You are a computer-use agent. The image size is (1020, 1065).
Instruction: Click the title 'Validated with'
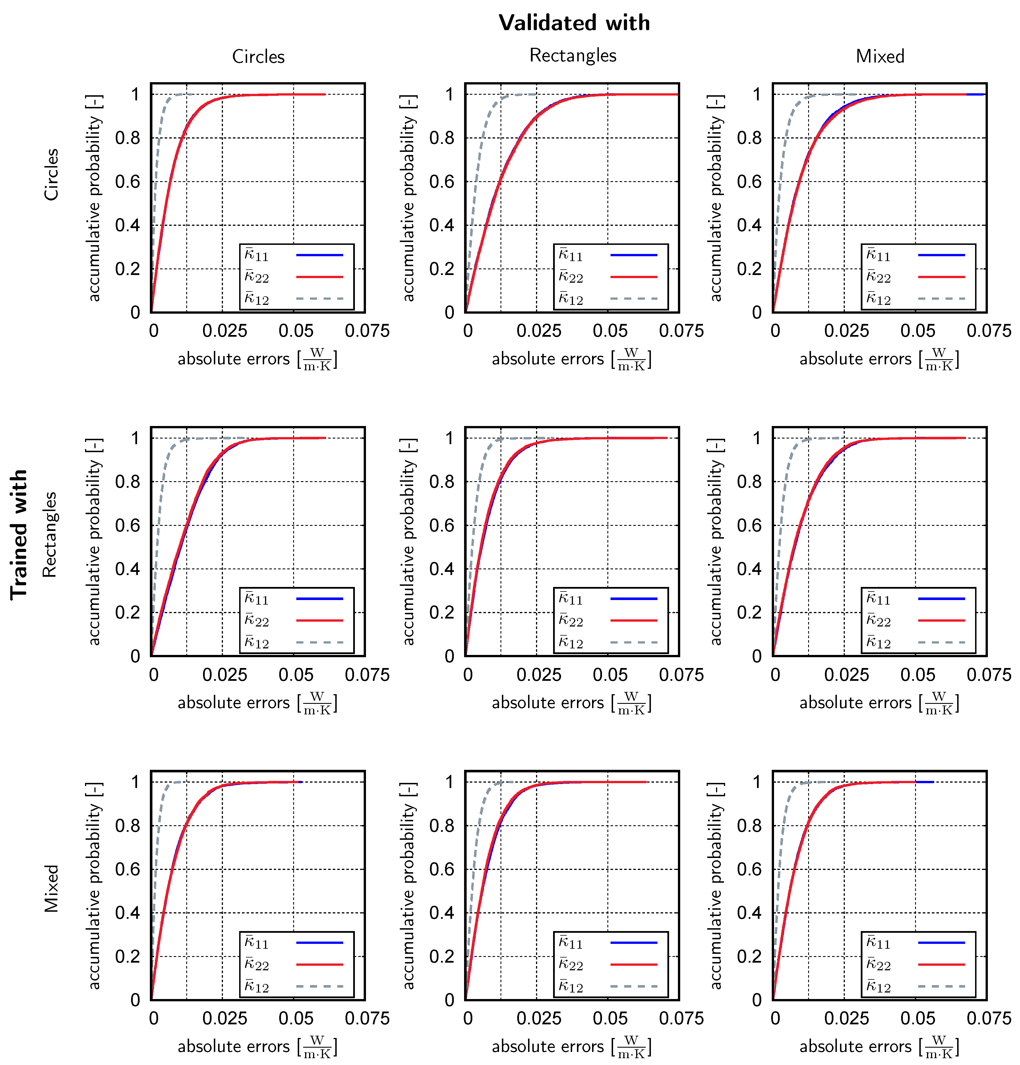[x=574, y=23]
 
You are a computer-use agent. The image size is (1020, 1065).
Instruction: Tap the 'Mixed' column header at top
[x=880, y=57]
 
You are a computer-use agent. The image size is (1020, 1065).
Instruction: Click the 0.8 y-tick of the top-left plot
[x=127, y=138]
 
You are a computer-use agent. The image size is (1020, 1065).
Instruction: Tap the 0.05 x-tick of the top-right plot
[x=917, y=331]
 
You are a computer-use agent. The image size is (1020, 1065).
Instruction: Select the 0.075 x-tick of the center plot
[x=681, y=675]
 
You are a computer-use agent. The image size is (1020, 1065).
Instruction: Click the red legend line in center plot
[x=634, y=620]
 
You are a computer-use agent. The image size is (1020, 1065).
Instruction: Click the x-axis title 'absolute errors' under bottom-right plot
[x=855, y=1046]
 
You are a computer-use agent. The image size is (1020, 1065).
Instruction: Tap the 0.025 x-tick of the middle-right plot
[x=846, y=675]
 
